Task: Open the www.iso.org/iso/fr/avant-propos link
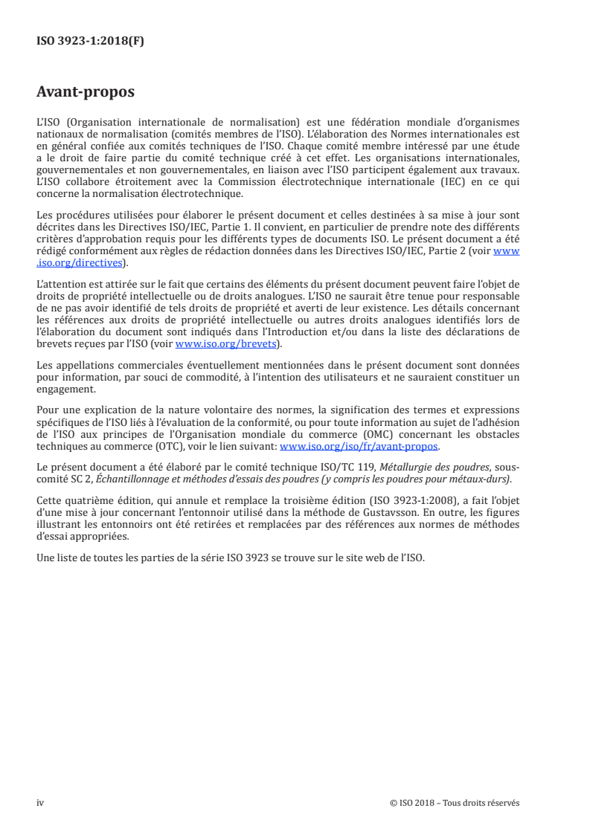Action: [x=359, y=447]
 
